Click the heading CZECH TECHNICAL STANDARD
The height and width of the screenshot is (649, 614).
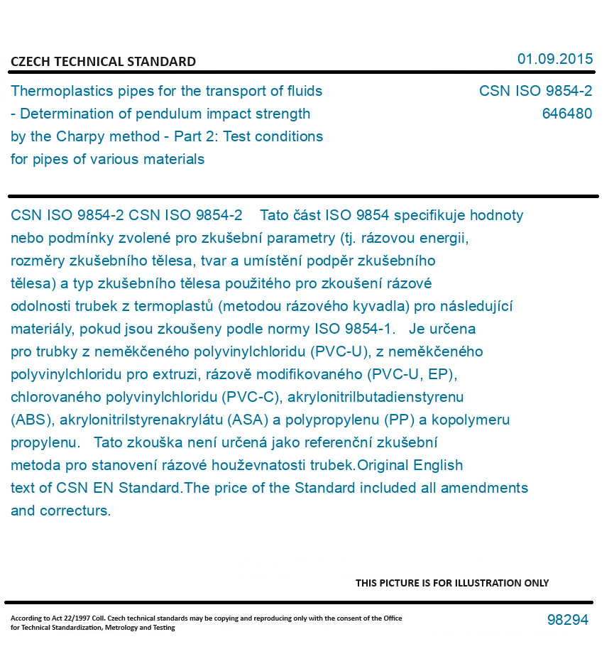coord(103,62)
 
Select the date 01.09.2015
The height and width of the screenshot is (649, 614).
coord(554,59)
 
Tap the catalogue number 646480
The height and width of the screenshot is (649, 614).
coord(566,114)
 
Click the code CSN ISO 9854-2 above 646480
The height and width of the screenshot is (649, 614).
coord(535,91)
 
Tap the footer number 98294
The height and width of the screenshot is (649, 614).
coord(567,620)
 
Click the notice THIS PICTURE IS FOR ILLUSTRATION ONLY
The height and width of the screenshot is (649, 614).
coord(452,583)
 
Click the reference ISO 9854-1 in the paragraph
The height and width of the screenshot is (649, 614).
coord(354,329)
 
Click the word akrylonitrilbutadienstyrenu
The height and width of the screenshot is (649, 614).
coord(375,397)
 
